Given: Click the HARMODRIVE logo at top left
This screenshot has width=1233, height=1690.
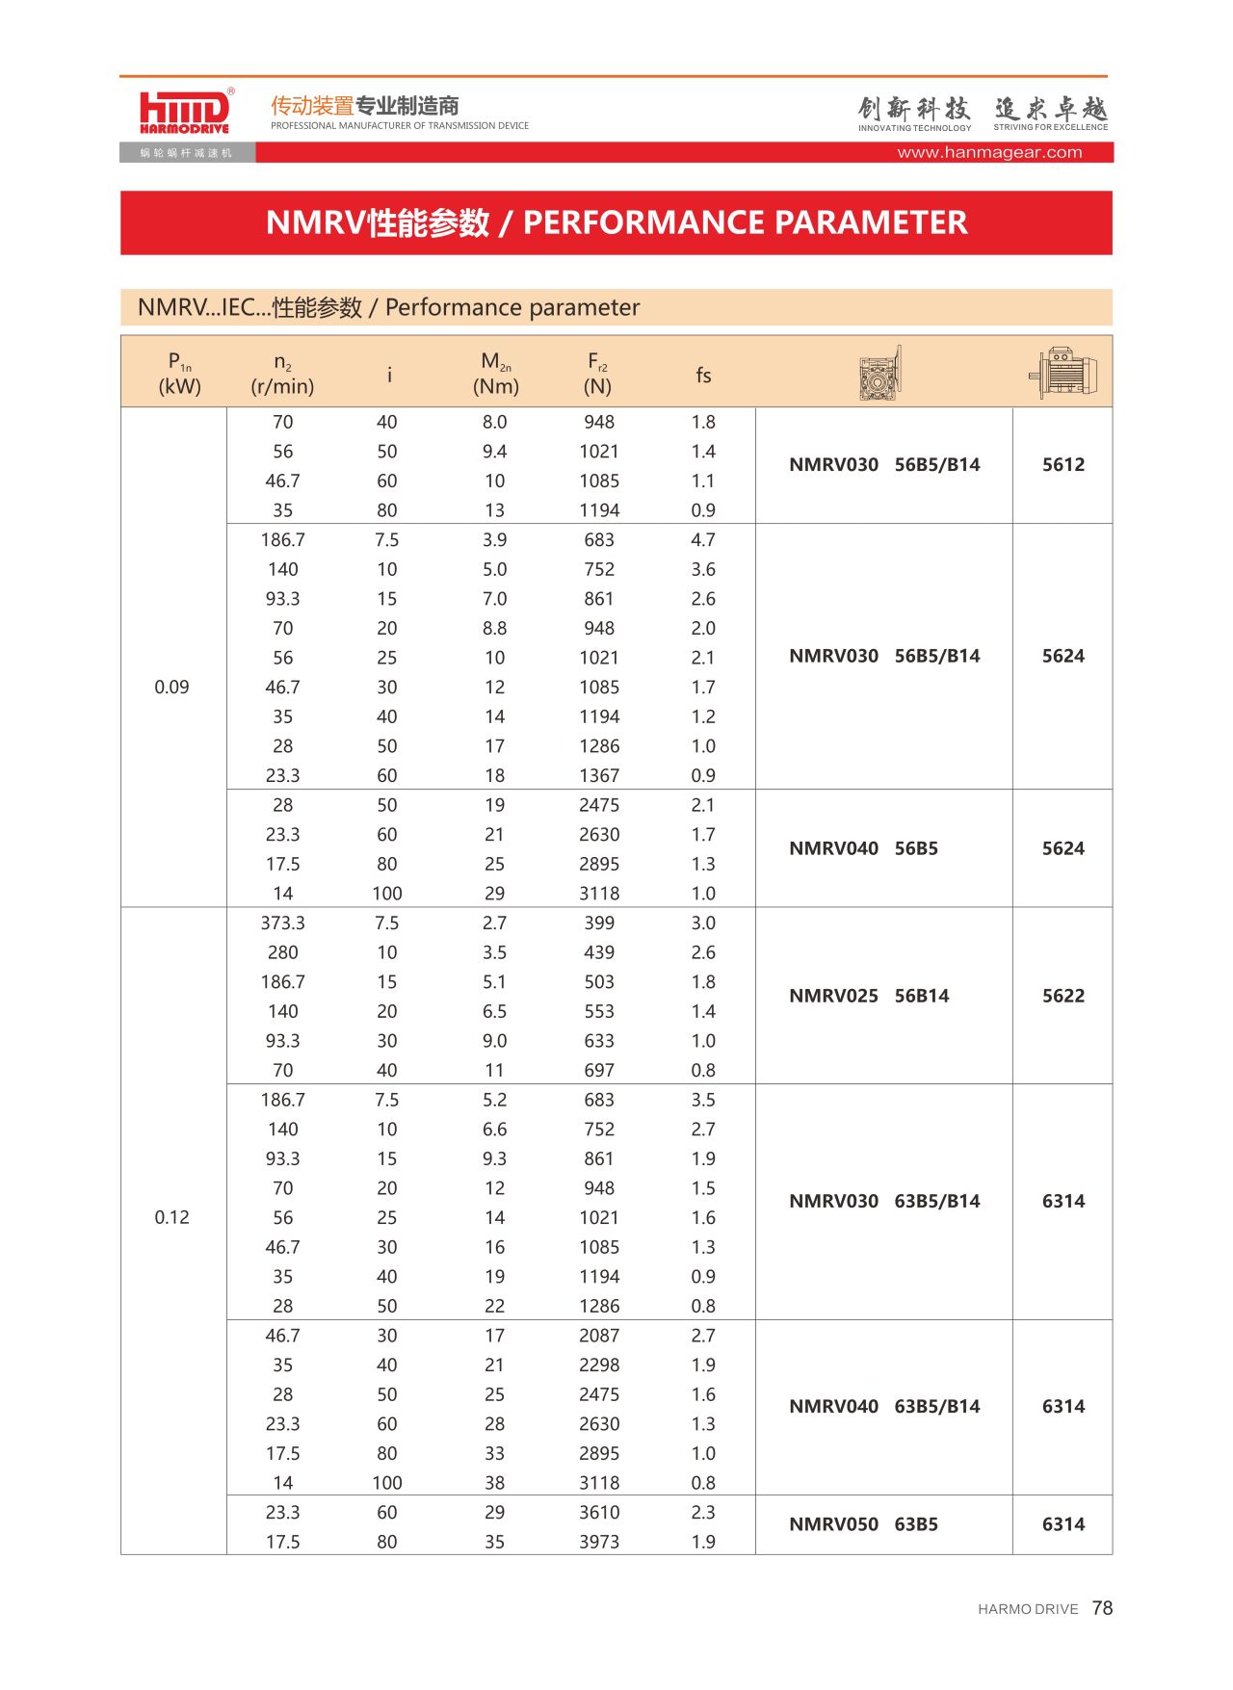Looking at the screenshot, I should [185, 112].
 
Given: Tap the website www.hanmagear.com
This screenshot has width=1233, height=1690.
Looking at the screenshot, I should [989, 152].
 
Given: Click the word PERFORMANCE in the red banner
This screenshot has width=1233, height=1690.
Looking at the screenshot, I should [643, 222].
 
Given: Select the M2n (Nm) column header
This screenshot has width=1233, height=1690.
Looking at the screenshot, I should [495, 374].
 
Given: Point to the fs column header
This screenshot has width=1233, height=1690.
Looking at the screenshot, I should [703, 375].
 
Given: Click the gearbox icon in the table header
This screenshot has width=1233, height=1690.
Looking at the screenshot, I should [880, 374].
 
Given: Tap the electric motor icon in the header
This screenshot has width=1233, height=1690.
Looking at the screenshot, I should [1062, 373].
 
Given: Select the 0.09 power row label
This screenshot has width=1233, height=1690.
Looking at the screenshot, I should [171, 687].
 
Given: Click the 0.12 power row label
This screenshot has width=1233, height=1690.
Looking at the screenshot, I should [171, 1217].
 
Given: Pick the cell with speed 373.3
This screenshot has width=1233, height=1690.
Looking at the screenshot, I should [282, 923].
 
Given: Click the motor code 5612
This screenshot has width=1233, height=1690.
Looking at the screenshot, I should [1062, 464].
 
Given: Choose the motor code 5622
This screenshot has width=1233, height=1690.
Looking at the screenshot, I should [1062, 996].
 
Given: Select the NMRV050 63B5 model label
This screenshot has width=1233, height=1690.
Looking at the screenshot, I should [863, 1524].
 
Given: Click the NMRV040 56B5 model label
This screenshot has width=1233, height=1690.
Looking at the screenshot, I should [863, 848].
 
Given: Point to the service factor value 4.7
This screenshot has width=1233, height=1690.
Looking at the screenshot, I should [703, 540].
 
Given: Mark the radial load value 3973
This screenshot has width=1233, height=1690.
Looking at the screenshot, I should [599, 1542].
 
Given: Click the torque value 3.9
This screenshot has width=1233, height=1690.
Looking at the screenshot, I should [494, 540].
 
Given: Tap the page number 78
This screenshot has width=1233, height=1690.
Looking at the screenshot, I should [1102, 1608].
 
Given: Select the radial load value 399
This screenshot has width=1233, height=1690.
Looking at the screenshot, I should [599, 923].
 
